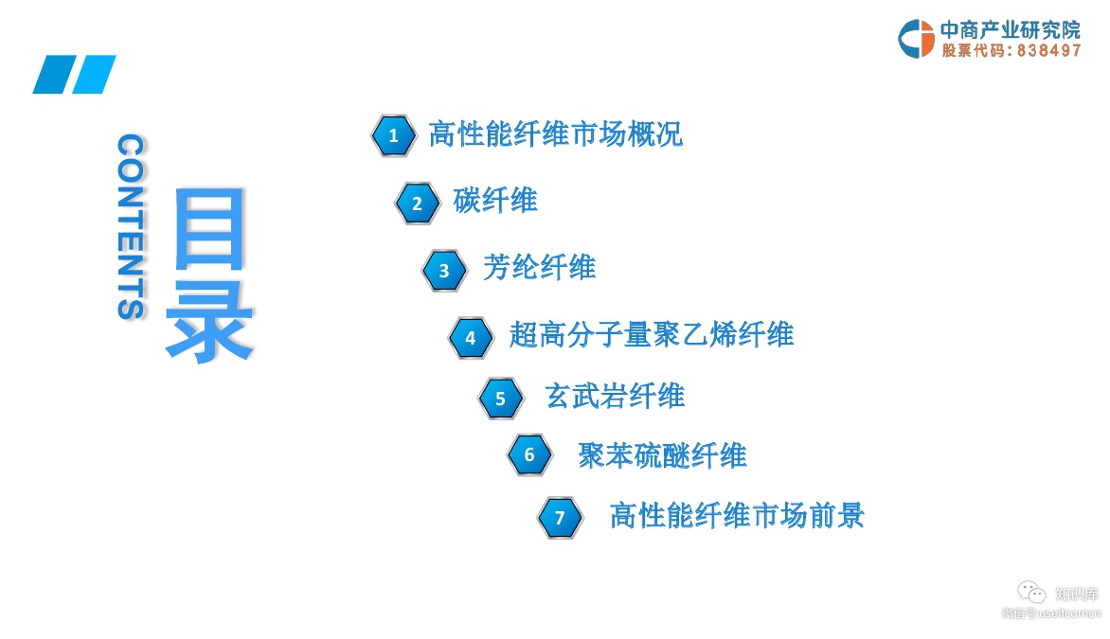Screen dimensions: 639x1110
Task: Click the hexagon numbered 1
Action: click(x=393, y=136)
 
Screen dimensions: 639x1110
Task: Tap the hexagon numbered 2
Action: click(x=418, y=203)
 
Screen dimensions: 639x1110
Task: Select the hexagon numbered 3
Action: click(x=444, y=271)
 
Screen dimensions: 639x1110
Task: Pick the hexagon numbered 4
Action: click(x=471, y=337)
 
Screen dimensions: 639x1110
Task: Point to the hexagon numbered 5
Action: click(x=501, y=399)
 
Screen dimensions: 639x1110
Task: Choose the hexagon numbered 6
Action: click(x=529, y=455)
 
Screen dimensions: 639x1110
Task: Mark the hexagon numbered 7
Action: click(x=560, y=518)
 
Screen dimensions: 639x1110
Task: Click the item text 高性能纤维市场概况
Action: click(x=555, y=134)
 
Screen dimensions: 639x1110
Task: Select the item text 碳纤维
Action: click(x=495, y=201)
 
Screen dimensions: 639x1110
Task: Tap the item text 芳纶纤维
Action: click(x=539, y=268)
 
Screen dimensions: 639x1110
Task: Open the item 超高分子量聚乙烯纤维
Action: click(x=651, y=334)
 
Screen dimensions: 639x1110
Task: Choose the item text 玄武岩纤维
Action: click(x=615, y=396)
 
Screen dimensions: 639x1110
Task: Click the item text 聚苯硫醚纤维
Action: click(x=662, y=456)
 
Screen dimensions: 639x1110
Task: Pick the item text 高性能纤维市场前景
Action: click(x=737, y=516)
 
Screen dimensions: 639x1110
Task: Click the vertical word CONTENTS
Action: click(x=131, y=226)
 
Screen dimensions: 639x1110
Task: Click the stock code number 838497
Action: click(x=1048, y=51)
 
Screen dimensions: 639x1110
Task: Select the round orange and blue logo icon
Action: click(x=916, y=39)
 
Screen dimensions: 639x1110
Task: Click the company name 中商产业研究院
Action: click(x=1010, y=29)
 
